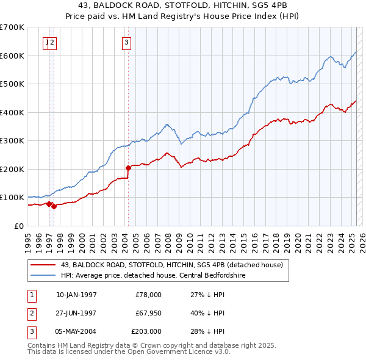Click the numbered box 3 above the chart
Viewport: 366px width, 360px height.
tap(126, 42)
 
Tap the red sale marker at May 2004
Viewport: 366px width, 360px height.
tap(128, 168)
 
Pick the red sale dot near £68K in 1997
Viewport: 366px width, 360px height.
tap(54, 206)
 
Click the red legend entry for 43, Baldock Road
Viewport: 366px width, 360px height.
tap(171, 265)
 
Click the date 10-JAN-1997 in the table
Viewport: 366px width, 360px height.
tap(76, 294)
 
